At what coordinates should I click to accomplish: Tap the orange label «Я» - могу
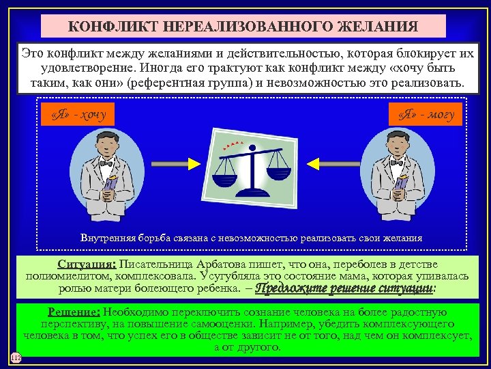point(426,113)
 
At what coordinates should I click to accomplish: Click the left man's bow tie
point(106,163)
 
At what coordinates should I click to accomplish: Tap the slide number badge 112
point(16,358)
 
